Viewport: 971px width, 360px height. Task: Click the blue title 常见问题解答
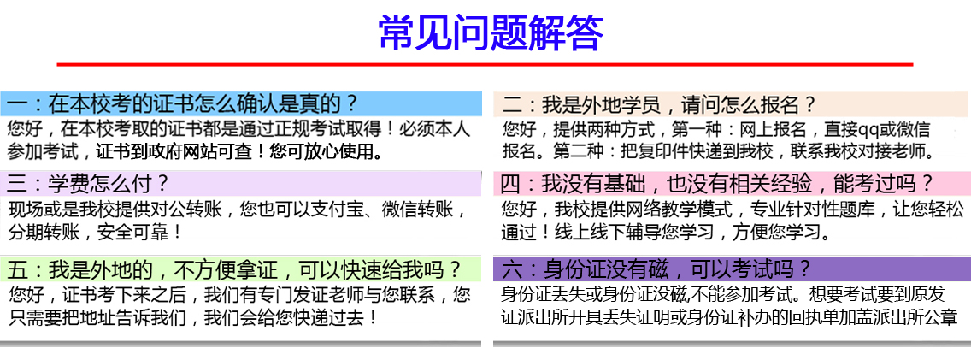(x=491, y=32)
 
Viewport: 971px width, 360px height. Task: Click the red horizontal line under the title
(x=485, y=64)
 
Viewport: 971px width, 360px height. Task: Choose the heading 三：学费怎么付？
(x=89, y=183)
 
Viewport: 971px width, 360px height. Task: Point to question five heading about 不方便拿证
(x=235, y=269)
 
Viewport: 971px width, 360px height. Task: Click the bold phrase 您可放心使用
(x=326, y=151)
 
